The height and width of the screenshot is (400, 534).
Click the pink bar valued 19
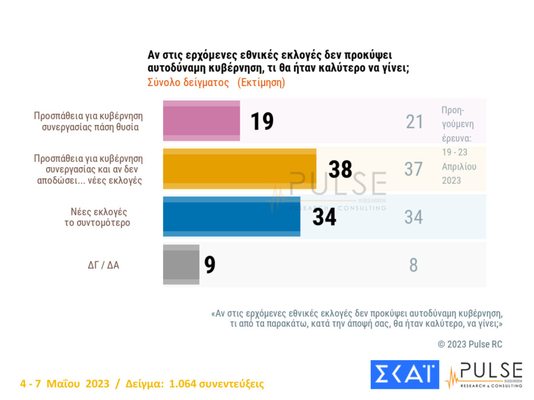[x=201, y=121]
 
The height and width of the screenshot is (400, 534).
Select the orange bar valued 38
[x=240, y=168]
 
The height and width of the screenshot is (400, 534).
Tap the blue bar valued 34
[x=231, y=216]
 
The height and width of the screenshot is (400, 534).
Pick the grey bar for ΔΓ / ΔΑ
[x=181, y=264]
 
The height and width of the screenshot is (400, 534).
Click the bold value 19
[x=262, y=121]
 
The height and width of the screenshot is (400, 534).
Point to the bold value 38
[x=340, y=169]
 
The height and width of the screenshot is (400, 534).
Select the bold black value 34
[x=324, y=217]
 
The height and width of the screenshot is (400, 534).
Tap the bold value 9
[x=210, y=265]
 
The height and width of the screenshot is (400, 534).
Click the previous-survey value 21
[x=414, y=122]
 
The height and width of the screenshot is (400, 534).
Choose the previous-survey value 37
[x=413, y=169]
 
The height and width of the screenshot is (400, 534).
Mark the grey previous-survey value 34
[x=413, y=217]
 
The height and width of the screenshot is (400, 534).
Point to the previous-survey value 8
[x=413, y=265]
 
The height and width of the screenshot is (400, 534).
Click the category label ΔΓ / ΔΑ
[x=103, y=265]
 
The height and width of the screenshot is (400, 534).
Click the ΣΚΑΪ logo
[x=404, y=374]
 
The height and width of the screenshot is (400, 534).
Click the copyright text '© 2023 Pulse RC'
[x=470, y=344]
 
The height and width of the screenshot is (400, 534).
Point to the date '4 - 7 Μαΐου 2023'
[x=64, y=384]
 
